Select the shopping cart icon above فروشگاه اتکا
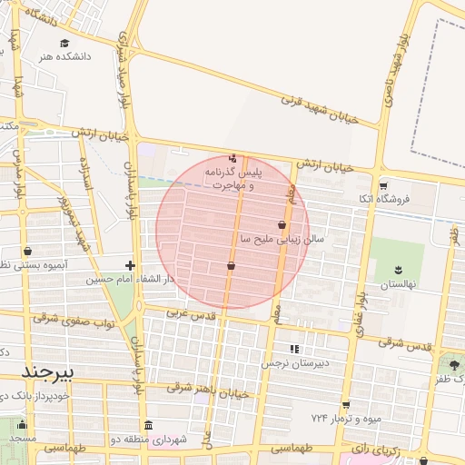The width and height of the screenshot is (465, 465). [383, 184]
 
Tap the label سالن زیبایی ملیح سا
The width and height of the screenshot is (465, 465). [282, 239]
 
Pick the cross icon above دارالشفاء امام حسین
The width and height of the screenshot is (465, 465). [131, 266]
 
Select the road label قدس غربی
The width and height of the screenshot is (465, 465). [189, 312]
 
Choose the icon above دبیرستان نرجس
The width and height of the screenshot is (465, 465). [293, 349]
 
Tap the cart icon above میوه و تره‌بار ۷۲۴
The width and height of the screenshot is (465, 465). [345, 405]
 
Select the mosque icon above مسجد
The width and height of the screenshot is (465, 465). [24, 424]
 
